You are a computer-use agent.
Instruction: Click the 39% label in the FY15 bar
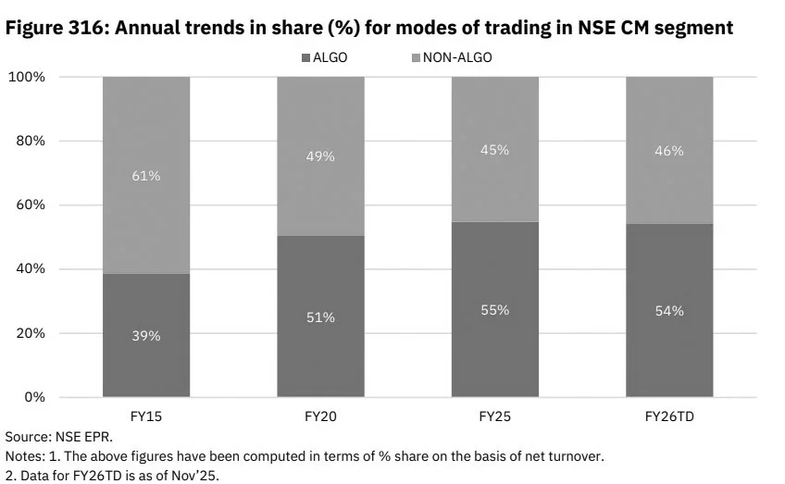(x=145, y=336)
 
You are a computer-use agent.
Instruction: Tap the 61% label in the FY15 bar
(x=145, y=176)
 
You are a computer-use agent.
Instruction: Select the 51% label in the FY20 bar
(x=320, y=317)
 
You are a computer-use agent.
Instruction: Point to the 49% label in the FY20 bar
(x=320, y=156)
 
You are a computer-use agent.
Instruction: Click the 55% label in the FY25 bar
(x=494, y=310)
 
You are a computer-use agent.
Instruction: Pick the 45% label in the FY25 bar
(x=494, y=149)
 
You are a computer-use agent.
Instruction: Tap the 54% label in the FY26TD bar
(x=669, y=311)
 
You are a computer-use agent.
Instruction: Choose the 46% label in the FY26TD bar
(x=669, y=150)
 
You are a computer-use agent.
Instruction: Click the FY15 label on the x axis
(x=145, y=416)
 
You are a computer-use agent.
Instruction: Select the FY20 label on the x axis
(x=320, y=416)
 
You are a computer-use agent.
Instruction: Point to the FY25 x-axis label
(x=494, y=416)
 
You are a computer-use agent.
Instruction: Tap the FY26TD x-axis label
(x=669, y=416)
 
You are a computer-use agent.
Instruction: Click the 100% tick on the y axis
(x=27, y=77)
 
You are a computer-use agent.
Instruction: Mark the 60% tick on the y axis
(x=30, y=205)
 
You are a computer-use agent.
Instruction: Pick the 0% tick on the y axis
(x=34, y=397)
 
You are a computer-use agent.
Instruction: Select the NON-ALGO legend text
(x=457, y=57)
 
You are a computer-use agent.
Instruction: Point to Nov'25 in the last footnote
(x=198, y=476)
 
